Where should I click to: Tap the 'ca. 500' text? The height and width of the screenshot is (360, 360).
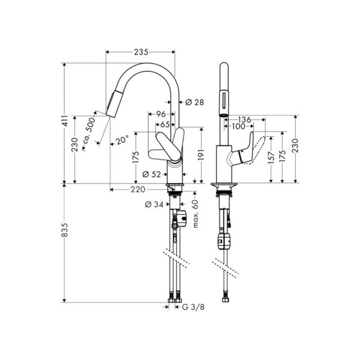[88, 131]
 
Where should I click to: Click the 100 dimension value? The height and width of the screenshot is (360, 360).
[239, 127]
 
